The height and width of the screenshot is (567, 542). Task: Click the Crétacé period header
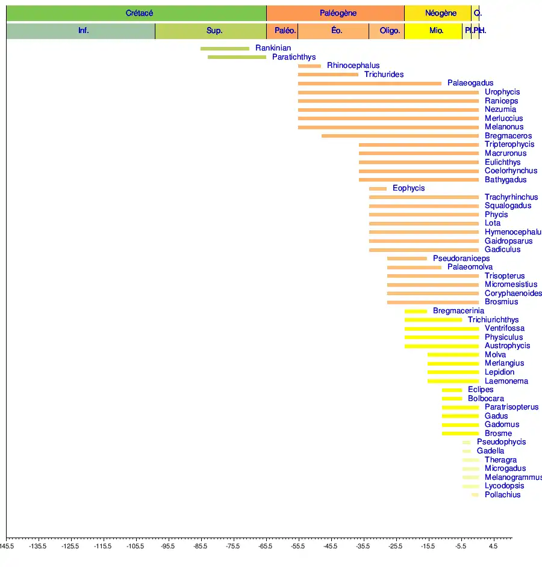point(139,13)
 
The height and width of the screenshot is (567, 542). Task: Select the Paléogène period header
point(338,13)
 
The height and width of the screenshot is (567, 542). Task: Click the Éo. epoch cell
point(337,31)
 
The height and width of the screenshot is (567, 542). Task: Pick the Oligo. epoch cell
point(390,31)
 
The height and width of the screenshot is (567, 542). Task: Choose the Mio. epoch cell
point(436,31)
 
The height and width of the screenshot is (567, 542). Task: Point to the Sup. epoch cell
point(214,31)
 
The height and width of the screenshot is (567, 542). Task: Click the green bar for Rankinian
point(225,49)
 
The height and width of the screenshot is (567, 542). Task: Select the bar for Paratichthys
point(237,57)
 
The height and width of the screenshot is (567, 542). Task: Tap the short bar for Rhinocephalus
point(310,66)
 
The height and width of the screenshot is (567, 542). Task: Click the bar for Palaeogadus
point(369,84)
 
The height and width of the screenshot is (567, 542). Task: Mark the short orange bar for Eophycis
point(378,189)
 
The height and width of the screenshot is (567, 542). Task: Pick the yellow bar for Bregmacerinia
point(416,311)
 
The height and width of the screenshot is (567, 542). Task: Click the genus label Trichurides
point(384,75)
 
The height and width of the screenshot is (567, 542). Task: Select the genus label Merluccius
point(503,118)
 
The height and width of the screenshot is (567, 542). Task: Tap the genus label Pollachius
point(502,495)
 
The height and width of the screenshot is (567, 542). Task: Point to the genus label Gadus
point(496,416)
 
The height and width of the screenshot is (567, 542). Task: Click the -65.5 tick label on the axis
point(265,546)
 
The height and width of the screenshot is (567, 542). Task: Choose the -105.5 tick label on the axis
point(135,546)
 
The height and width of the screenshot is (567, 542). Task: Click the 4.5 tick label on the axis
point(493,546)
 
